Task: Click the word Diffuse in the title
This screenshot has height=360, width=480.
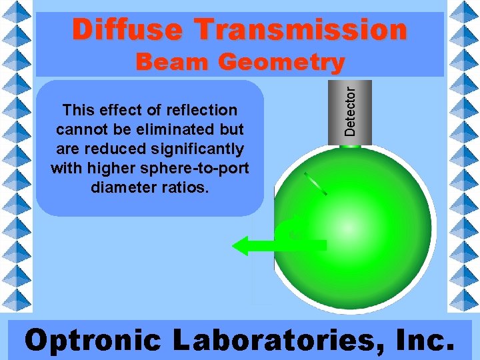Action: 127,30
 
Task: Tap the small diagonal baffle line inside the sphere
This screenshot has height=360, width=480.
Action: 315,183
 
